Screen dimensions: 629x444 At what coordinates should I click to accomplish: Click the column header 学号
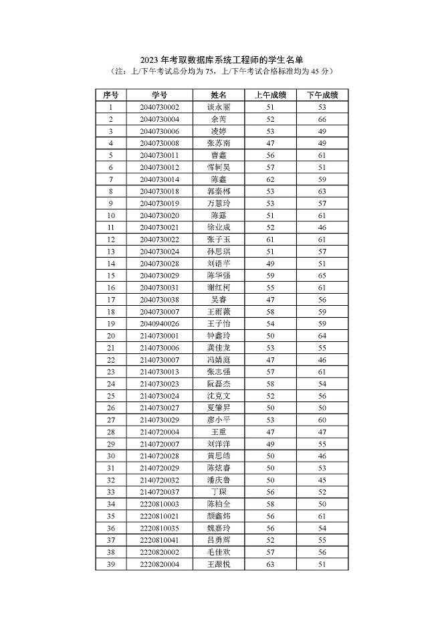(x=159, y=95)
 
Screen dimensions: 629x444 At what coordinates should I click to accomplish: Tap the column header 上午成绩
(x=271, y=95)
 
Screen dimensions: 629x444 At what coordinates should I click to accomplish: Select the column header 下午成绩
(x=322, y=95)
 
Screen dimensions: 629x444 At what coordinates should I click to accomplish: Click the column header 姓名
(x=219, y=95)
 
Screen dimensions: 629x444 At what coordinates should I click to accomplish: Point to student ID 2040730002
(x=159, y=107)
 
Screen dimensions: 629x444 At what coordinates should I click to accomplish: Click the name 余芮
(x=219, y=119)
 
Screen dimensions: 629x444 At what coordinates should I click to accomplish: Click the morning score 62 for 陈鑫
(x=271, y=179)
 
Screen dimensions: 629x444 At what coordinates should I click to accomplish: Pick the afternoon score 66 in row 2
(x=322, y=119)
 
